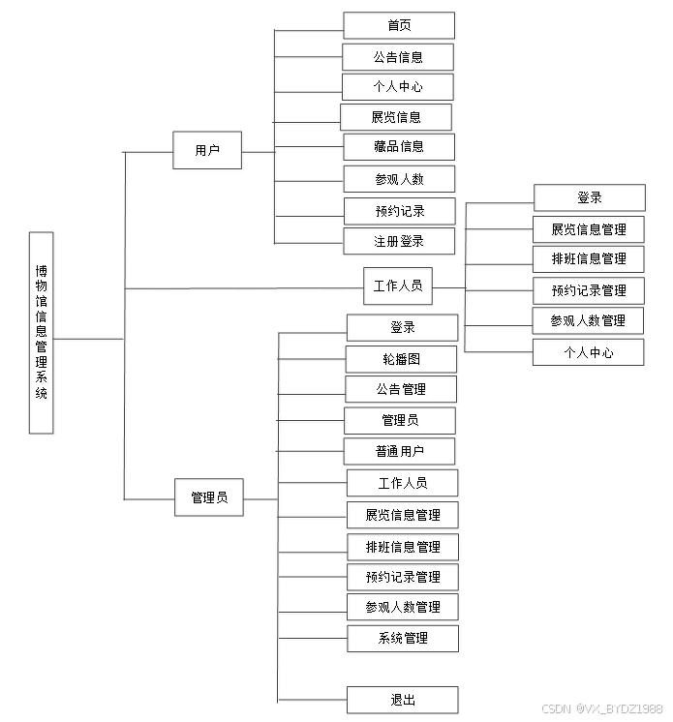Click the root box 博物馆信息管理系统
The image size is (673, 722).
(x=42, y=332)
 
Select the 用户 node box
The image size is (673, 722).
(x=207, y=150)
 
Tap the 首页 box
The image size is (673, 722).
(x=398, y=25)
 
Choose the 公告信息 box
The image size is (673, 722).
(x=398, y=56)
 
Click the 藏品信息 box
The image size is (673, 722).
(x=399, y=147)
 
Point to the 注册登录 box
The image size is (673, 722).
(x=399, y=241)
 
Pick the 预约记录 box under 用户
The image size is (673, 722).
(x=399, y=211)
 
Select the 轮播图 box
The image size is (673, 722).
(x=401, y=359)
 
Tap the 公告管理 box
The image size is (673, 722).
(x=401, y=389)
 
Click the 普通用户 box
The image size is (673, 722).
(x=399, y=451)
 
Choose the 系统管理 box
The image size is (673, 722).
(x=403, y=638)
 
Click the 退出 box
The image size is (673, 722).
(x=403, y=700)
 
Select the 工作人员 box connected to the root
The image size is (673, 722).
(x=398, y=286)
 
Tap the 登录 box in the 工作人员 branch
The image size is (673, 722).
(x=589, y=197)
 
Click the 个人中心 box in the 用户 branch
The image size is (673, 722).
(x=397, y=86)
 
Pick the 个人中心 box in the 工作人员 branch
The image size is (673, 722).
(x=588, y=352)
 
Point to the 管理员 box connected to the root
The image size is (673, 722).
(x=209, y=497)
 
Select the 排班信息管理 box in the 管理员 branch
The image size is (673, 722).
(x=403, y=547)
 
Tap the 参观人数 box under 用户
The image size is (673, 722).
(x=399, y=179)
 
